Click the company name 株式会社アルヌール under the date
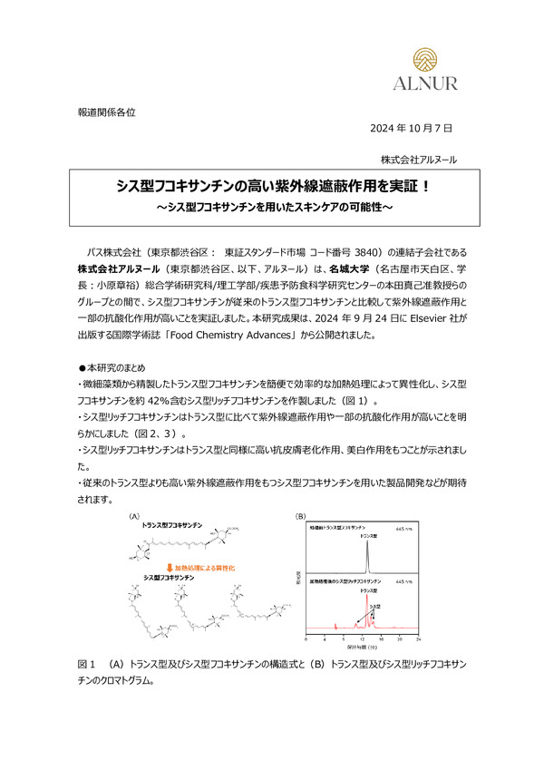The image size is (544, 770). tap(419, 159)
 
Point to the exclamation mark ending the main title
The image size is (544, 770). tap(423, 186)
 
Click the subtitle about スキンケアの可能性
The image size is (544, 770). tap(272, 208)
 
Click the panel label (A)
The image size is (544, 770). tap(136, 517)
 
